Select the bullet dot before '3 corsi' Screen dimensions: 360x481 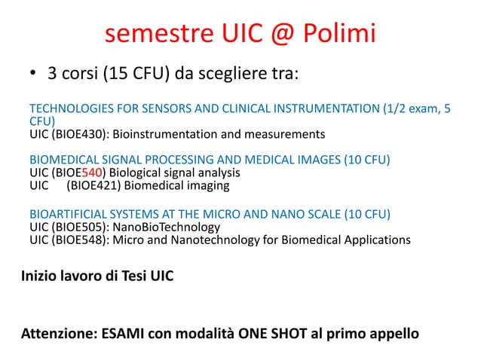click(34, 75)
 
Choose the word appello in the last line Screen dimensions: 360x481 click(391, 332)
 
